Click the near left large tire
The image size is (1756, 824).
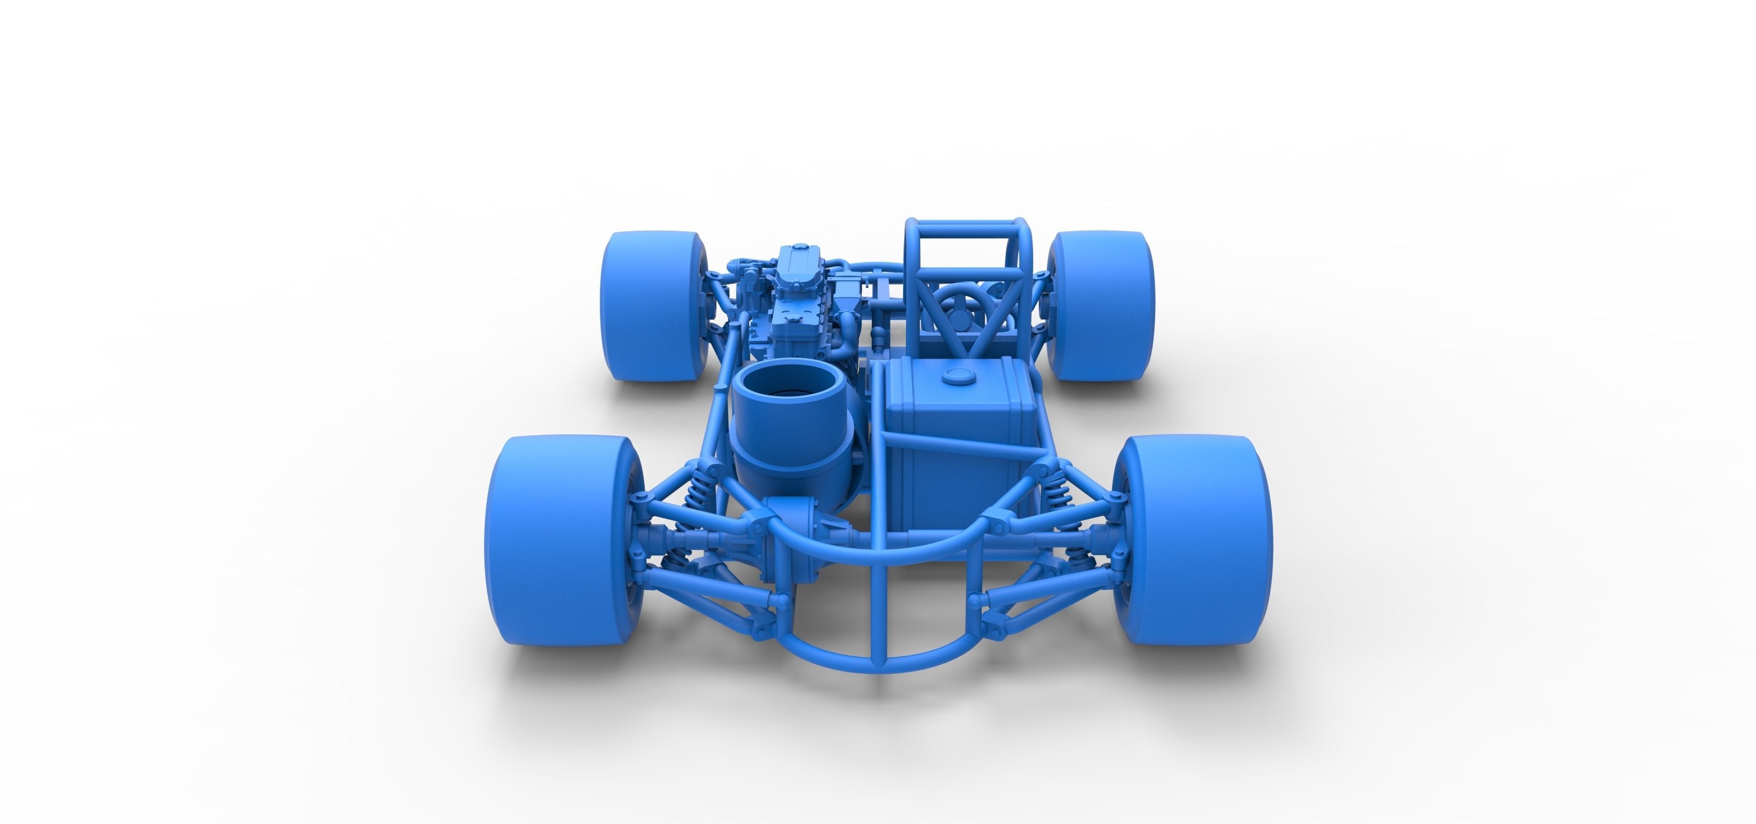[545, 542]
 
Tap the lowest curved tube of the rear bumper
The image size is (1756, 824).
[880, 665]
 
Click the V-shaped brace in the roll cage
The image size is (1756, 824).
[968, 320]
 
